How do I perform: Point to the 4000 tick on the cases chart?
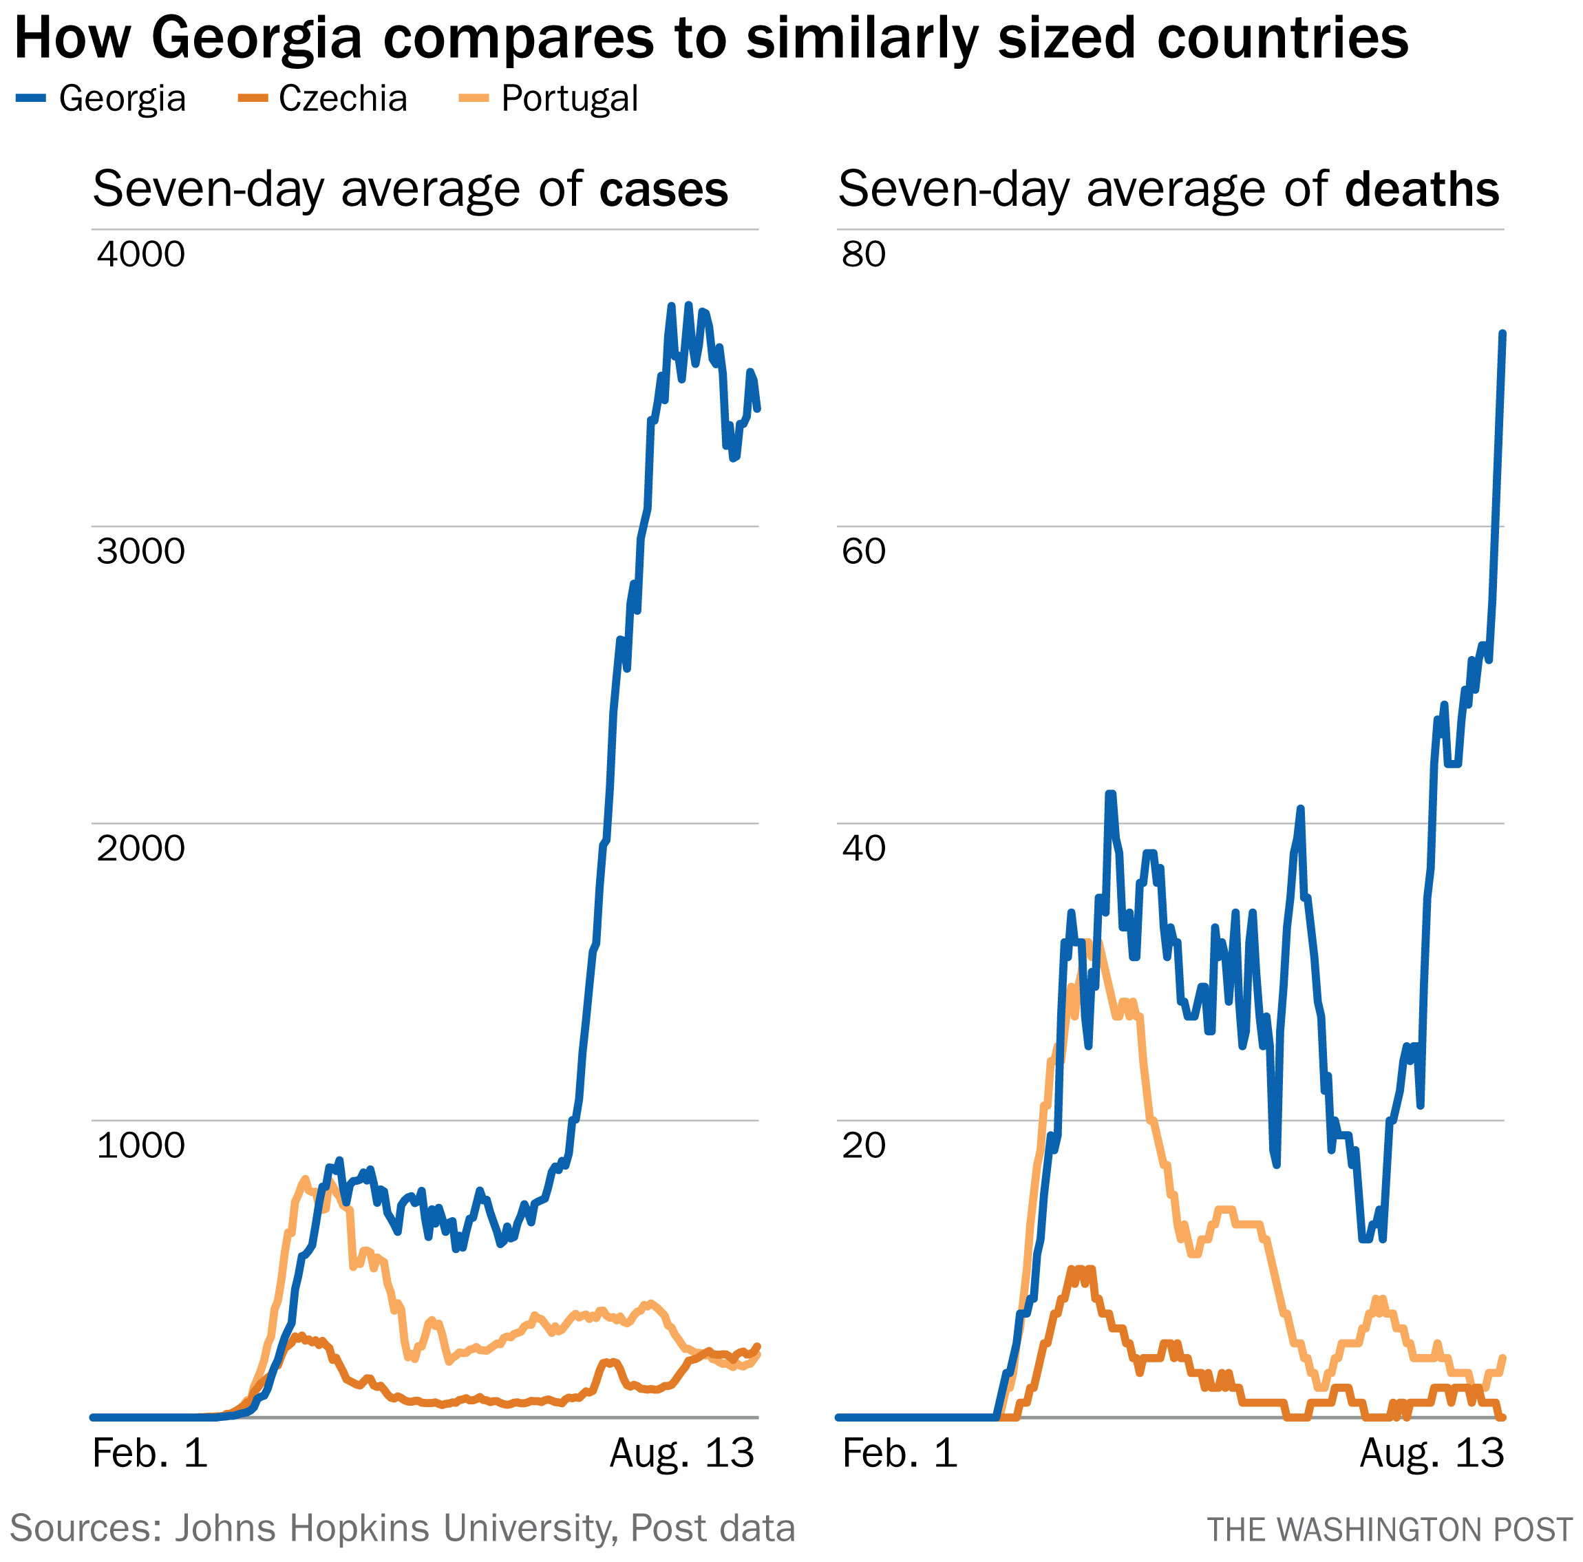(x=141, y=254)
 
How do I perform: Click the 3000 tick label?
(x=141, y=551)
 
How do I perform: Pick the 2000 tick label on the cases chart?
(x=141, y=847)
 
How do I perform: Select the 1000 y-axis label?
(x=141, y=1145)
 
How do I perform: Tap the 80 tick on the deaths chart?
(x=864, y=254)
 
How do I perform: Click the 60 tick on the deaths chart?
(x=864, y=551)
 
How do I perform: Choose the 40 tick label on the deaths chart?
(x=864, y=847)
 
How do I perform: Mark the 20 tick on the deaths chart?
(x=864, y=1145)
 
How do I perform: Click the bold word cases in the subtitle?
(x=663, y=189)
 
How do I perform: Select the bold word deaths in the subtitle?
(x=1421, y=189)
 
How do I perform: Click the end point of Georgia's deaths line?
(x=1502, y=334)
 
